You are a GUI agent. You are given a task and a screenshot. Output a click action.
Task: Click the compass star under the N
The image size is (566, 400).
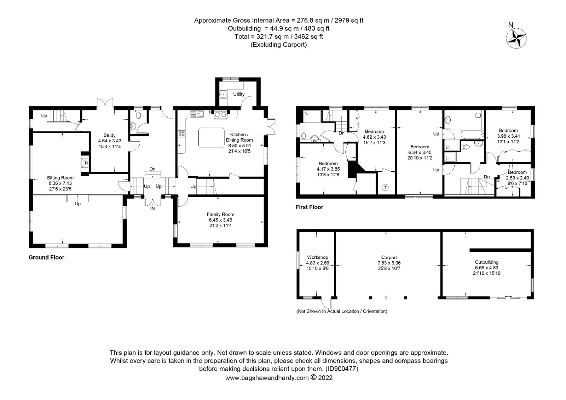point(516,38)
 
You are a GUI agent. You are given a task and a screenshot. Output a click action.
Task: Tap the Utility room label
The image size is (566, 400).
point(238,94)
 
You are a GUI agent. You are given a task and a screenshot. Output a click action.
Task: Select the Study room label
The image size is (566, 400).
point(109,135)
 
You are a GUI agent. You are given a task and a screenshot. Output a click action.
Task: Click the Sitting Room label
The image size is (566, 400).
point(60,178)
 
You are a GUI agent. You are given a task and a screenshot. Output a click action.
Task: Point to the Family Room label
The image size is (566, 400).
point(220,215)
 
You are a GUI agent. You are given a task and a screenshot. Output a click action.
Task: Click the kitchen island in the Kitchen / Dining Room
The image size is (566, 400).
point(212,138)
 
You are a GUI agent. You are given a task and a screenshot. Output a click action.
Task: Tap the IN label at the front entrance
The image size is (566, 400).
point(152,208)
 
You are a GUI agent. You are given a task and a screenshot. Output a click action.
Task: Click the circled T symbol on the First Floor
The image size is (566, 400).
point(385,187)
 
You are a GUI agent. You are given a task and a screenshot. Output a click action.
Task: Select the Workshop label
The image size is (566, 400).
point(318,257)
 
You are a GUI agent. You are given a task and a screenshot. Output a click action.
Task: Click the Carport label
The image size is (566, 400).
point(389,257)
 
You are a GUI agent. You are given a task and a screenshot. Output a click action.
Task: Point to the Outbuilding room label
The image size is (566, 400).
point(487,262)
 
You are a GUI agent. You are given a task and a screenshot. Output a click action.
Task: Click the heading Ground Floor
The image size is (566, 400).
point(46,257)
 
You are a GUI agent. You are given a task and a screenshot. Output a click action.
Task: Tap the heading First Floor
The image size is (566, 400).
point(310,207)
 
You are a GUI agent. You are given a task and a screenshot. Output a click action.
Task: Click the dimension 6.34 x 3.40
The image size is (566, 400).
point(420,153)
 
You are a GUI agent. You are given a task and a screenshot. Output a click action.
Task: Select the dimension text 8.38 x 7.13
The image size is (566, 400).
point(60,183)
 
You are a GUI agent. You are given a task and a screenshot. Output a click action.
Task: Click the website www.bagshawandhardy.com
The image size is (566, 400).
point(267,378)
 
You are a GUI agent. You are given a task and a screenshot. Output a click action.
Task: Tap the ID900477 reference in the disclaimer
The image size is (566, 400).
point(342,369)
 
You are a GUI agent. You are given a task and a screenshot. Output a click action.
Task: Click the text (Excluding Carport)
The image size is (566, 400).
point(279,45)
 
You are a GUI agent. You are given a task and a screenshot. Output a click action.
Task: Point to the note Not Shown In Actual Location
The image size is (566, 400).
point(342,311)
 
